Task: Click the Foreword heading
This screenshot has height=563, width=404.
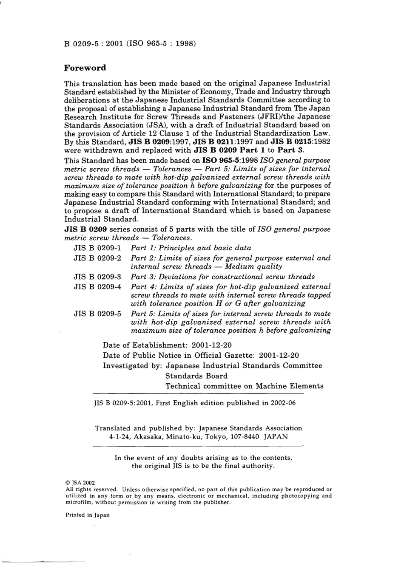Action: click(85, 68)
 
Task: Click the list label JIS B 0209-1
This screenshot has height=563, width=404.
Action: click(97, 248)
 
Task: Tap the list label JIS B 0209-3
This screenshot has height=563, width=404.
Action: click(97, 277)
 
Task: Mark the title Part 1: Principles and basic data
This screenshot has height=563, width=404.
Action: click(191, 248)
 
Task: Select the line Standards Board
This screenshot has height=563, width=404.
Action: click(196, 376)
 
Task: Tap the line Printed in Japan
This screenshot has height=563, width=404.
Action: click(87, 515)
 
